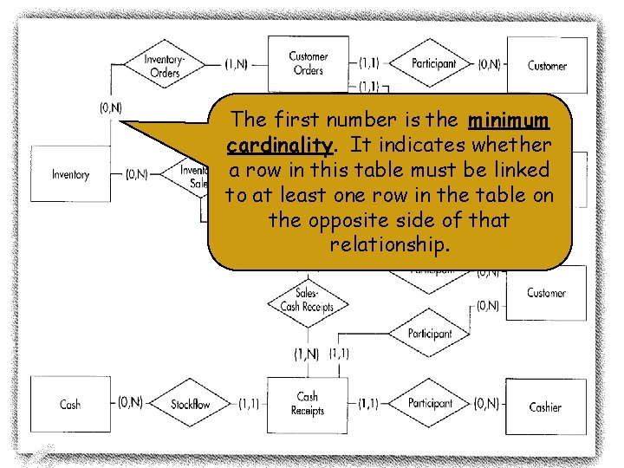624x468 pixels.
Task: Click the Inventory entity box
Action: (x=70, y=174)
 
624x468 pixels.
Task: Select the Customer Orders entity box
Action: (x=308, y=63)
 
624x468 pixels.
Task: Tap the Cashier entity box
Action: (x=545, y=405)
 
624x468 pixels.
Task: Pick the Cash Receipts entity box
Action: (x=308, y=404)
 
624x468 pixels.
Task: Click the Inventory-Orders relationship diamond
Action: (x=164, y=65)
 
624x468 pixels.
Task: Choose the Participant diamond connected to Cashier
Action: (x=430, y=404)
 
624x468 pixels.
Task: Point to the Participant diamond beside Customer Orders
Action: (x=433, y=63)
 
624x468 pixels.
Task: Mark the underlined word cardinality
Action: (x=276, y=145)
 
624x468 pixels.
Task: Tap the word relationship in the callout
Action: (x=389, y=245)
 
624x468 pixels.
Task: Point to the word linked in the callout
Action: (x=515, y=170)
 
